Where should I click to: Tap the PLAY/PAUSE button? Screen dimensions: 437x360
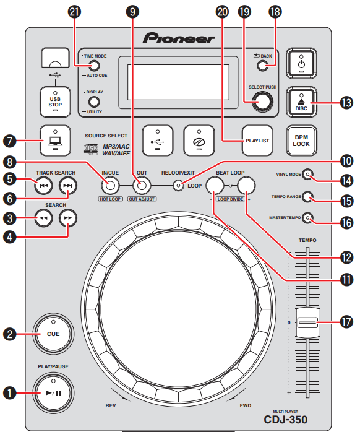click(x=53, y=392)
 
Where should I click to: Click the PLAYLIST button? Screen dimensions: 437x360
click(x=257, y=141)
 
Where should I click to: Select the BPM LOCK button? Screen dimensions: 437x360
click(x=302, y=141)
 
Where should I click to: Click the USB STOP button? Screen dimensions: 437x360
click(x=54, y=98)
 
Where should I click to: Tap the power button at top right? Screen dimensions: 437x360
click(x=302, y=63)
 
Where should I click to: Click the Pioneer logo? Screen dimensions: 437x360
click(x=180, y=38)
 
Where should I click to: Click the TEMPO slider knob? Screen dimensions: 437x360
click(x=307, y=322)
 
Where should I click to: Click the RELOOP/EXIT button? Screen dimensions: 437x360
click(x=179, y=184)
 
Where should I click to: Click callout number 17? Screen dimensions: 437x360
click(x=347, y=322)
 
